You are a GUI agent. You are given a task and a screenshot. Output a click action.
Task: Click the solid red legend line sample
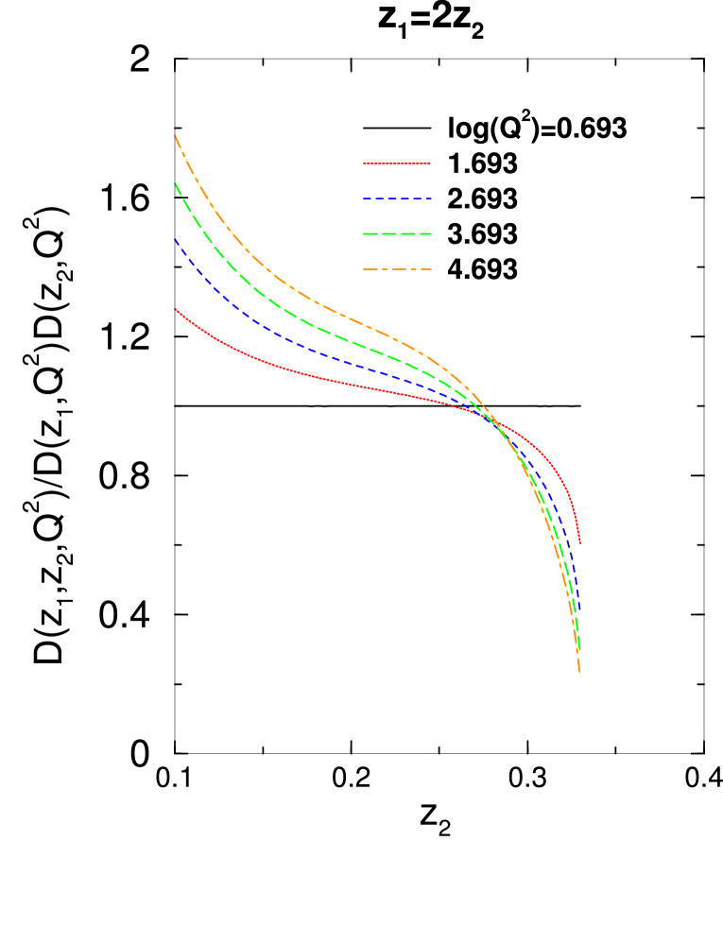click(x=397, y=164)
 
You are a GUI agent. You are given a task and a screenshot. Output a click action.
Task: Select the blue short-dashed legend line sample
click(x=397, y=199)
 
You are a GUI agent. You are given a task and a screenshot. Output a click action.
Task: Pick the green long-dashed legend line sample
click(x=397, y=233)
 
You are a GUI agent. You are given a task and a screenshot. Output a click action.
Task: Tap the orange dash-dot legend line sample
click(x=397, y=269)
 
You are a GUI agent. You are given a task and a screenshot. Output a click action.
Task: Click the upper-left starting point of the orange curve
click(x=176, y=137)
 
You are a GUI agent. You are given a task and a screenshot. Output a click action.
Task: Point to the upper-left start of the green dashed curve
click(x=176, y=184)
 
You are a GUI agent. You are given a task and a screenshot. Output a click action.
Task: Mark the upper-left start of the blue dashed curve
click(x=176, y=240)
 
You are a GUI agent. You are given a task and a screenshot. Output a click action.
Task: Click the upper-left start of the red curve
click(x=176, y=309)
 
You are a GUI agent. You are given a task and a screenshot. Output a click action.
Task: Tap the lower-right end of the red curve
click(x=579, y=543)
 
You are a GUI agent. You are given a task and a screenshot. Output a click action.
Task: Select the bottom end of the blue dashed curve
click(x=579, y=612)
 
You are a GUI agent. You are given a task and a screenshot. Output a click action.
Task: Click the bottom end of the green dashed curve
click(x=579, y=651)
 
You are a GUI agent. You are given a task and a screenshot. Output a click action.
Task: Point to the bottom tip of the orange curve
click(x=579, y=677)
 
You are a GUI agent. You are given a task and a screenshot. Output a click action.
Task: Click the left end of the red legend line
click(x=365, y=164)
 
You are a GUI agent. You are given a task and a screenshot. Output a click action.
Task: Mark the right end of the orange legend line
click(x=431, y=269)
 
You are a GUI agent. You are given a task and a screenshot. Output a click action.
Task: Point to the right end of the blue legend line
click(x=431, y=199)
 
